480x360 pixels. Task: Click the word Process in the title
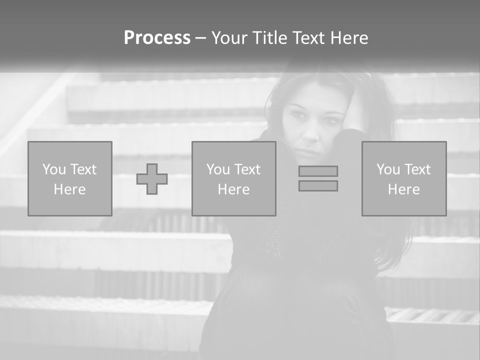(x=157, y=38)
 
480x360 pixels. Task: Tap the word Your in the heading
(x=230, y=38)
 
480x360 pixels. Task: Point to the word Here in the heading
(x=349, y=38)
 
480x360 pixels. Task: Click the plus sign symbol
(x=152, y=179)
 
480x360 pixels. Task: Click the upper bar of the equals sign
(x=318, y=171)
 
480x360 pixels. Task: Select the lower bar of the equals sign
(x=318, y=185)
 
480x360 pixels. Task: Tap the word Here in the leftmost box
(x=69, y=189)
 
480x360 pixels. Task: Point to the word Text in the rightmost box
(x=417, y=169)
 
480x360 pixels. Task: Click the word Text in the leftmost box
(x=83, y=169)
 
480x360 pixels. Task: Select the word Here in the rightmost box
(x=403, y=189)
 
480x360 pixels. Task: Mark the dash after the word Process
(x=200, y=38)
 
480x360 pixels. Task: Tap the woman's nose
(x=311, y=132)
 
